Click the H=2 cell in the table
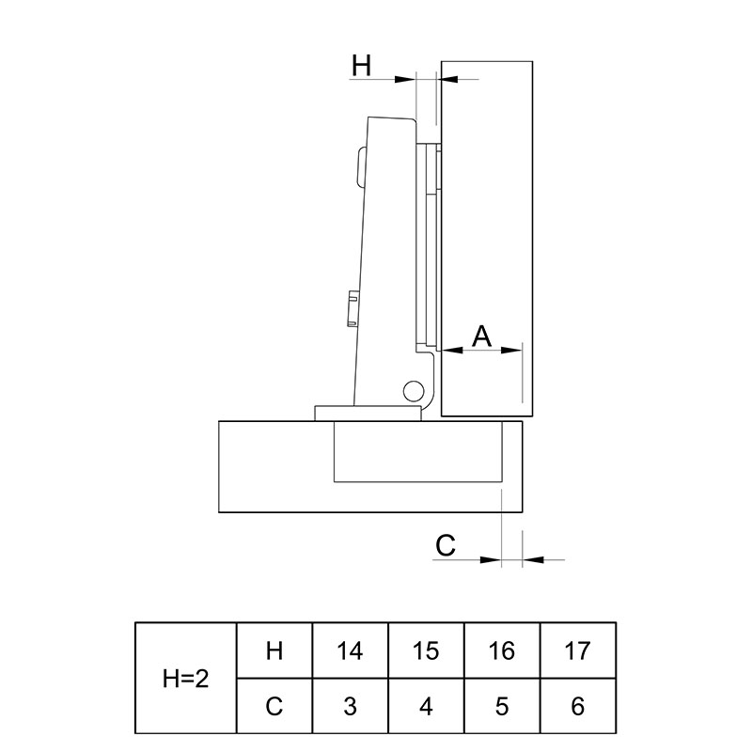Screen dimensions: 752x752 coord(186,678)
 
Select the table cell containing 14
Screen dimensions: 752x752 coord(350,650)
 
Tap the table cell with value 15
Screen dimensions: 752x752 coord(426,650)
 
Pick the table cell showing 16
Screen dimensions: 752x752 coord(502,650)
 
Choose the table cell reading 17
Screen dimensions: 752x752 coord(578,650)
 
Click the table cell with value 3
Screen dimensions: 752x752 coord(350,706)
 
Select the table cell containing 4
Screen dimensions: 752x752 coord(426,706)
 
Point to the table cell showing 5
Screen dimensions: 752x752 coord(502,706)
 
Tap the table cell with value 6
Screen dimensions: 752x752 coord(578,706)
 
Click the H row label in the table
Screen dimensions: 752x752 coord(274,650)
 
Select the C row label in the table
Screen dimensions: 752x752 coord(274,706)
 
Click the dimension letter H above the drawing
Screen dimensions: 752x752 coord(362,66)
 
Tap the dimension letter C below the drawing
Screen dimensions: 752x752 coord(446,545)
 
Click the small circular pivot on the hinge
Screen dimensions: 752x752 coord(414,391)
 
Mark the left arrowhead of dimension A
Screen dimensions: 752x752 coord(452,350)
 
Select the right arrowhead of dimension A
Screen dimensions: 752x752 coord(511,350)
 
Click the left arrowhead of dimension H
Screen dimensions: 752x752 coord(404,79)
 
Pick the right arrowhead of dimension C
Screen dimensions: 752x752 coord(533,559)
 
